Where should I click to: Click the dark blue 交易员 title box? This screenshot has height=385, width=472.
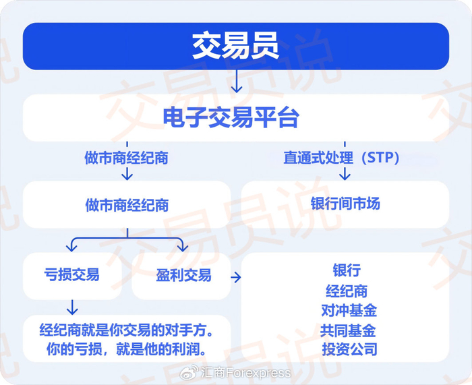pos(235,47)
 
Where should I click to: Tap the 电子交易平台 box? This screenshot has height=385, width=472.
pos(235,118)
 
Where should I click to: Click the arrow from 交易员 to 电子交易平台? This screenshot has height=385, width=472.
pos(235,83)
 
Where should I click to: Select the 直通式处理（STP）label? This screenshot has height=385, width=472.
pos(342,158)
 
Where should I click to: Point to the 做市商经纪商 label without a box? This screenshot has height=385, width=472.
pos(126,158)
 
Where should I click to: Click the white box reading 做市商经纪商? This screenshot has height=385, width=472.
pos(127,204)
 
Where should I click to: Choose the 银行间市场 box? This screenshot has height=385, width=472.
pos(345,204)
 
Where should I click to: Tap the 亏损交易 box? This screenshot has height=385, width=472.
pos(72,275)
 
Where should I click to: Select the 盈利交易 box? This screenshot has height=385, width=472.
pos(182,275)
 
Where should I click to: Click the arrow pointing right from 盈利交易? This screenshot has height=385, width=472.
pos(236,276)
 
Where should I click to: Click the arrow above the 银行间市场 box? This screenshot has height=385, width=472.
pos(345,172)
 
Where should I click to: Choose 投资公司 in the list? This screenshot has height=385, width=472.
pos(349,349)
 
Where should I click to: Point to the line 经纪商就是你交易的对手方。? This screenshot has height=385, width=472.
pos(126,331)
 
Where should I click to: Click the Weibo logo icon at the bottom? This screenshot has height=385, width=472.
pos(191,372)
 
